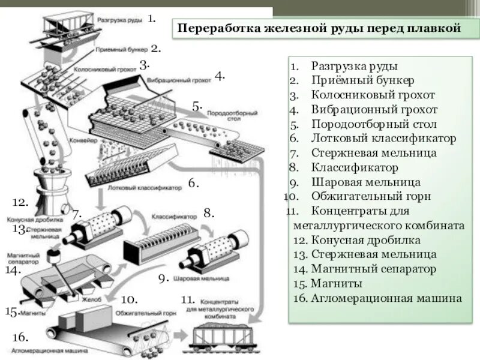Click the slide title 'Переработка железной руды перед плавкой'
tap(317, 28)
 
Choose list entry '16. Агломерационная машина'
tap(378, 298)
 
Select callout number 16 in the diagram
tap(20, 337)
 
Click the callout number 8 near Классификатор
tap(208, 212)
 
